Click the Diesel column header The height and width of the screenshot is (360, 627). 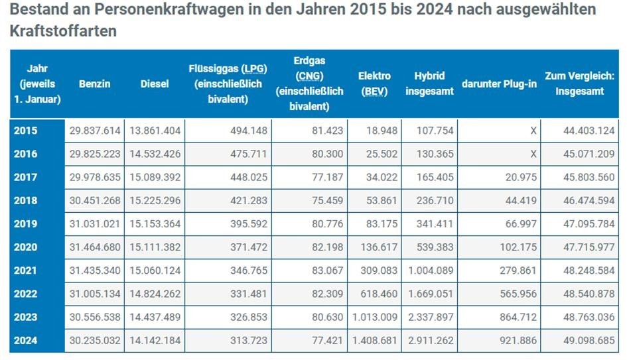pyautogui.click(x=155, y=84)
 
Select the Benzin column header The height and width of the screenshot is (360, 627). pyautogui.click(x=94, y=84)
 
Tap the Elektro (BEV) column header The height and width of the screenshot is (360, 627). pyautogui.click(x=374, y=84)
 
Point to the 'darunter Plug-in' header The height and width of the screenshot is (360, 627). pyautogui.click(x=498, y=84)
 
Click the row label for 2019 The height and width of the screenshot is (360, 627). pyautogui.click(x=26, y=224)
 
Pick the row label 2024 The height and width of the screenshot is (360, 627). pyautogui.click(x=26, y=341)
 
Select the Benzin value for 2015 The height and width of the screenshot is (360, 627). pyautogui.click(x=95, y=131)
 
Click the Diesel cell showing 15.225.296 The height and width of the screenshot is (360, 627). pyautogui.click(x=154, y=200)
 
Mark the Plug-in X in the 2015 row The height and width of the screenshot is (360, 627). pyautogui.click(x=533, y=131)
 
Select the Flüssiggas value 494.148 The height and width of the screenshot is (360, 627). pyautogui.click(x=248, y=131)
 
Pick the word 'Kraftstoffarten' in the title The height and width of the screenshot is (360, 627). pyautogui.click(x=64, y=31)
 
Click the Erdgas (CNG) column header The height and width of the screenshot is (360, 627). pyautogui.click(x=309, y=84)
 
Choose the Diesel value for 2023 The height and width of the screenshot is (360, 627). pyautogui.click(x=154, y=318)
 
